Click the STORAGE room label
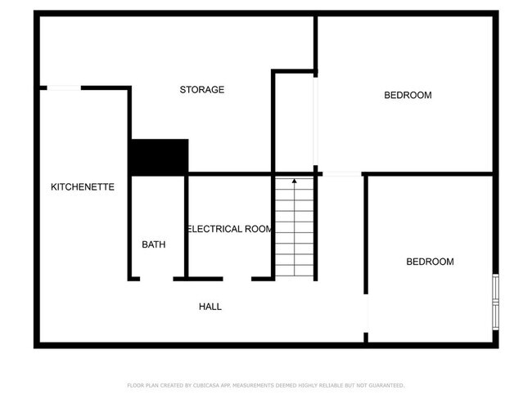[202, 90]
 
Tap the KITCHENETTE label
[83, 187]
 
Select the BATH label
[154, 244]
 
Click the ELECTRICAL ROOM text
[230, 229]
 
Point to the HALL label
[210, 307]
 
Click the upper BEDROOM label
[408, 96]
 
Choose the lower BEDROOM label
[430, 262]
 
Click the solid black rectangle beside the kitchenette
[159, 156]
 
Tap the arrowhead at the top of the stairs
[294, 182]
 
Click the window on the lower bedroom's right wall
[494, 300]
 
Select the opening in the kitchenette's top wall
[63, 87]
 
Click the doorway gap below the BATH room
[156, 279]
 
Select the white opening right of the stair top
[342, 173]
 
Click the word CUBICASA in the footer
[205, 385]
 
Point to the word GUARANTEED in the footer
[384, 385]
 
